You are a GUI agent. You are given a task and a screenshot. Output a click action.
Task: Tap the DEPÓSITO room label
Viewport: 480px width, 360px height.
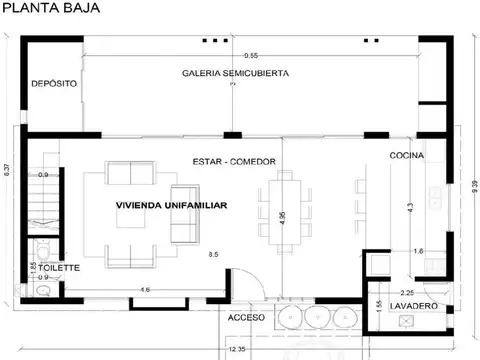click(52, 84)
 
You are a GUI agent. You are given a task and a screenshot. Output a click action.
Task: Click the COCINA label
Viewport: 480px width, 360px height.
click(407, 156)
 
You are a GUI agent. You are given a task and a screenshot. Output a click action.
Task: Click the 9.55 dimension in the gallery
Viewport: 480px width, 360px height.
click(249, 55)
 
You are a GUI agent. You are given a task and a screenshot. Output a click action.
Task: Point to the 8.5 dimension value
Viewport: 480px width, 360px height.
click(213, 256)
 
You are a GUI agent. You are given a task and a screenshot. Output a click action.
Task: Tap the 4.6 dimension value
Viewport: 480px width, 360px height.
click(145, 289)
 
